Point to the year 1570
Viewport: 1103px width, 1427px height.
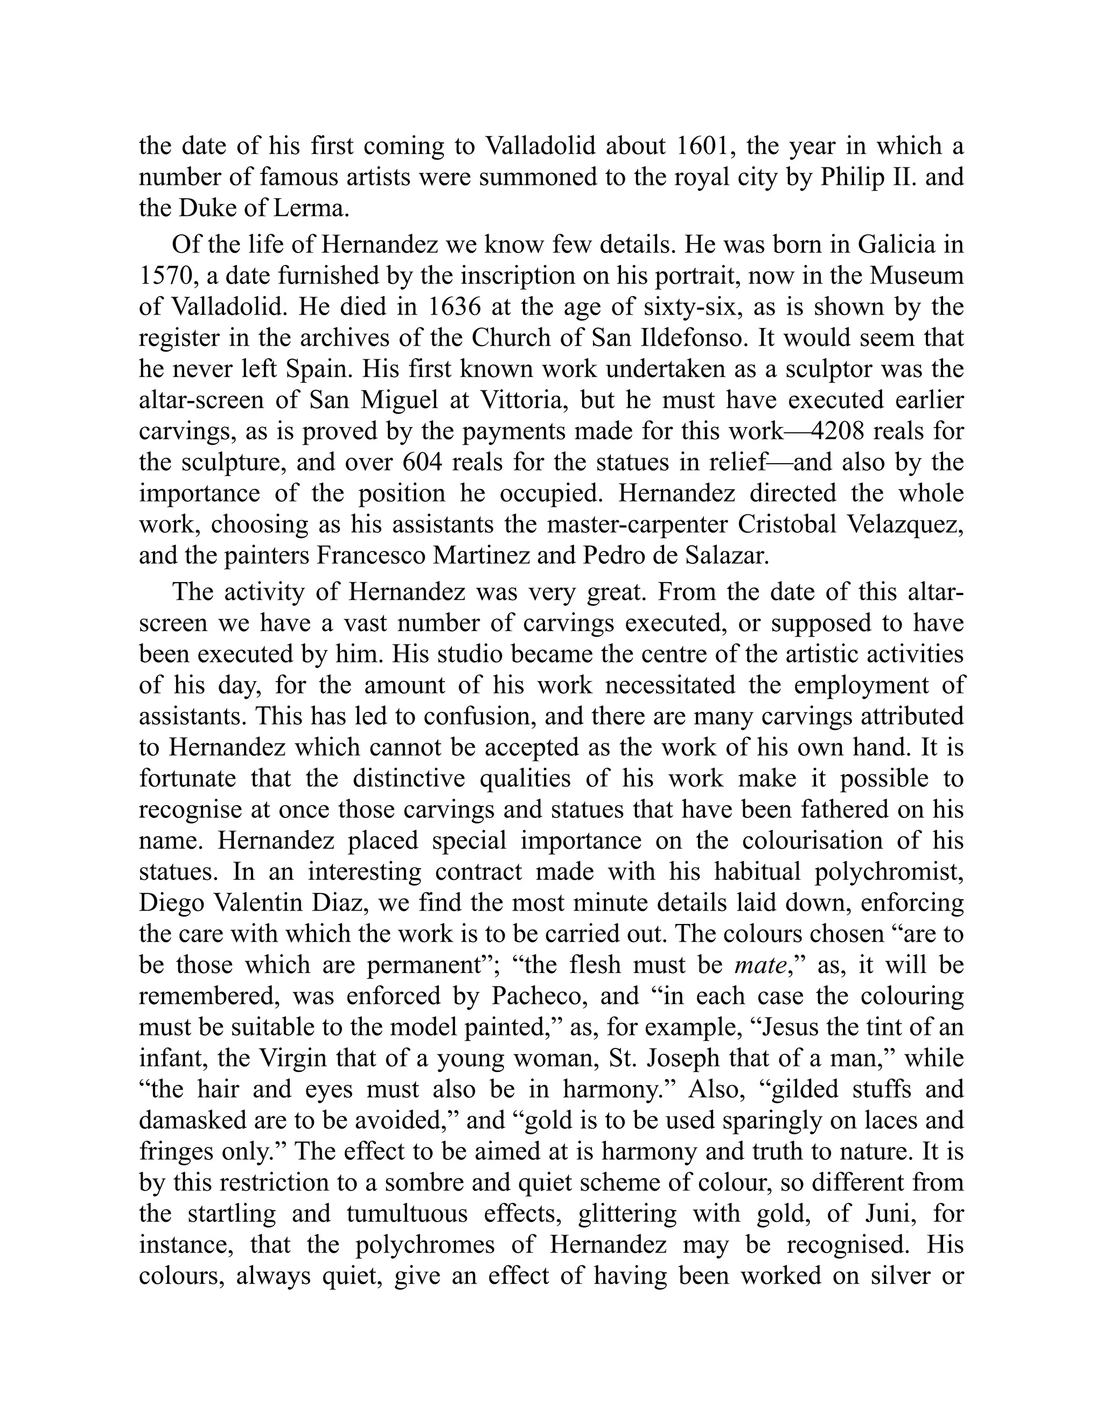tap(169, 276)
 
